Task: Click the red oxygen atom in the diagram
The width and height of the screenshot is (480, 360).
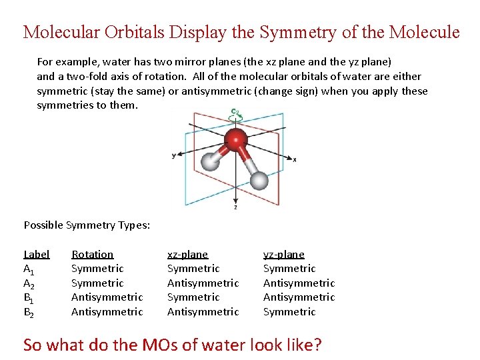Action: pos(235,139)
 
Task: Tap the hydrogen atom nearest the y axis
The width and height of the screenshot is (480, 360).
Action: pos(211,161)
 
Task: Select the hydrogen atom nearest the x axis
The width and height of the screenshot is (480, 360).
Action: pos(259,180)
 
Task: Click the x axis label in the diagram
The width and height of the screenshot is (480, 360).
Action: pos(295,160)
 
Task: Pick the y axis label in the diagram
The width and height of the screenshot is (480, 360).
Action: pos(173,155)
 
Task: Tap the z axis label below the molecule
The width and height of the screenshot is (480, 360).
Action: pos(235,207)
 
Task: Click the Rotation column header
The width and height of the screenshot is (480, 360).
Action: pos(92,254)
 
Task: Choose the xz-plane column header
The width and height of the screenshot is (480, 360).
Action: pos(187,254)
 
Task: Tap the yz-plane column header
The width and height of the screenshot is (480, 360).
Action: pos(283,254)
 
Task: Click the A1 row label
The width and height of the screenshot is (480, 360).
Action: pos(29,269)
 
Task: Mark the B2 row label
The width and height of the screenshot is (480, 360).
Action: pos(29,312)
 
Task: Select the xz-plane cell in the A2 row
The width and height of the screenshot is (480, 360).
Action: pos(203,283)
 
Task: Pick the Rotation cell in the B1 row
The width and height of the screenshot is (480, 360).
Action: pos(107,297)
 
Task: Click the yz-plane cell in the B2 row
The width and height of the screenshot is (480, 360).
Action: pos(289,311)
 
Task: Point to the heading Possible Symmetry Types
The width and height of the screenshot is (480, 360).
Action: pos(87,225)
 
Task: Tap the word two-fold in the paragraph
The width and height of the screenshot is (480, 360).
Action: pos(82,76)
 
